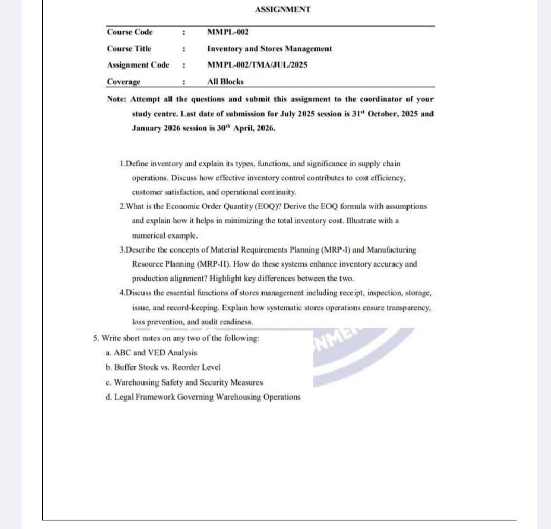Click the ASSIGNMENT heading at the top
[x=283, y=9]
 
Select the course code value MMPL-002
[x=228, y=32]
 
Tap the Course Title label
[x=129, y=49]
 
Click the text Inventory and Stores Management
[x=269, y=49]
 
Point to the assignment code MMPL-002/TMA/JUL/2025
[x=257, y=65]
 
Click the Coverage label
[x=123, y=82]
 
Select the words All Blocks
[x=225, y=82]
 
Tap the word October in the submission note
[x=385, y=114]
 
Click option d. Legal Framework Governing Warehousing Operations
[x=202, y=397]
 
